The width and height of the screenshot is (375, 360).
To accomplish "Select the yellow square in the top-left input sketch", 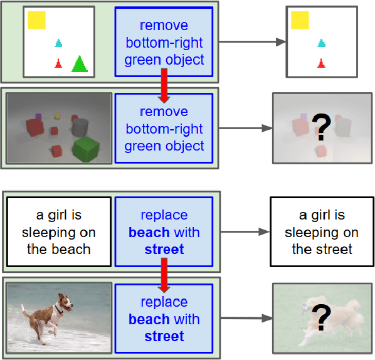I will [36, 20].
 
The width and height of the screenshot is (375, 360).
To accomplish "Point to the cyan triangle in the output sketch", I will [322, 43].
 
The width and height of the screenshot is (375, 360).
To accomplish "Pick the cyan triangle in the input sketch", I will [59, 43].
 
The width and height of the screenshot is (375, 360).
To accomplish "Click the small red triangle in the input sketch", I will [58, 63].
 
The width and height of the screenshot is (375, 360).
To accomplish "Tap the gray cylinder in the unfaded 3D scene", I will [79, 127].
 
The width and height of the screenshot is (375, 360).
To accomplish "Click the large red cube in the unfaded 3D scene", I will [33, 127].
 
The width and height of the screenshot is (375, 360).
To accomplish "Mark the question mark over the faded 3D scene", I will [321, 129].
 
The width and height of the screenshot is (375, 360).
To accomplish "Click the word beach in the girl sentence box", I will [73, 249].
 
